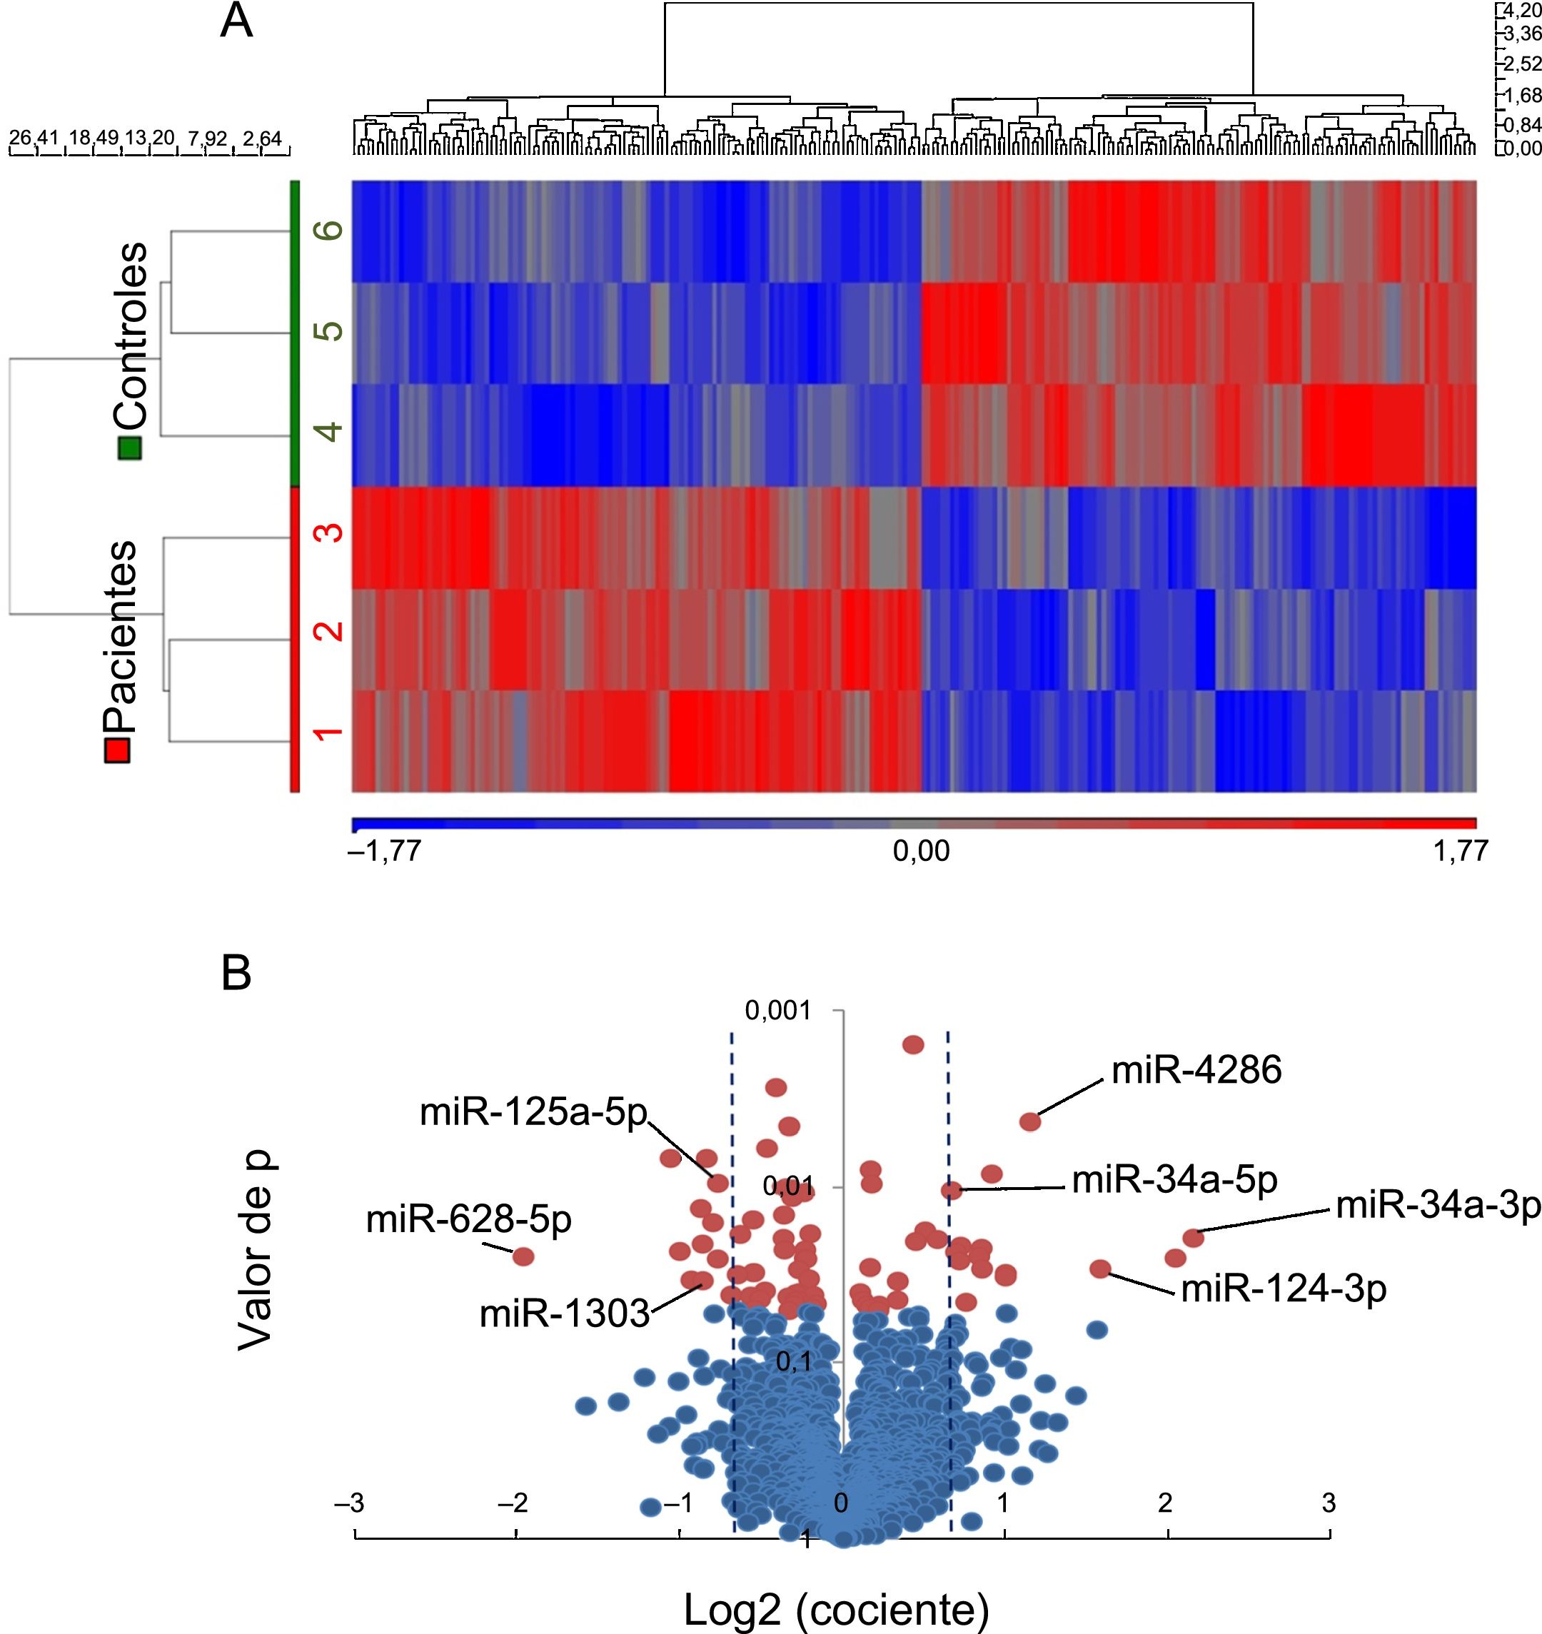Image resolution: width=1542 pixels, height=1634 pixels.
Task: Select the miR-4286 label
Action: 1196,1071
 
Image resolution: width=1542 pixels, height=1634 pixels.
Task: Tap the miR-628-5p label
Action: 468,1221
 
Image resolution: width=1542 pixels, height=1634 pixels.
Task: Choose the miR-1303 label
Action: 564,1314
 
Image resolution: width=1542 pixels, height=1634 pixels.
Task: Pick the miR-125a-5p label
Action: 533,1114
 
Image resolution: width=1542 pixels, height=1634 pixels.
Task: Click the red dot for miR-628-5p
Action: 523,1256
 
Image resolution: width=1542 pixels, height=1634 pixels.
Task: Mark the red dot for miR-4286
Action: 1030,1122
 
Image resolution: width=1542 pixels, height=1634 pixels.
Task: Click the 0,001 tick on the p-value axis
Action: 777,1011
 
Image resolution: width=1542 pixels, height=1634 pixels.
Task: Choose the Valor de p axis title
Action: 255,1250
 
